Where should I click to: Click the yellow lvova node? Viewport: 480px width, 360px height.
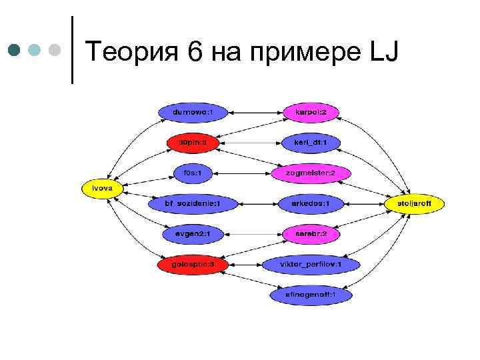pos(102,189)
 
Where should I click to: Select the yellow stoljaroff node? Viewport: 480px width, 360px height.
pos(413,203)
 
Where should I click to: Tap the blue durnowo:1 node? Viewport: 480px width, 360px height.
pos(193,113)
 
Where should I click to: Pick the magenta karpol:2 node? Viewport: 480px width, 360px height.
pos(311,113)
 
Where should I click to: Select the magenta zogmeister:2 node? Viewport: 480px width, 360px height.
pos(311,173)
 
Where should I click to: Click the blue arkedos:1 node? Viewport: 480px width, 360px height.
pos(311,203)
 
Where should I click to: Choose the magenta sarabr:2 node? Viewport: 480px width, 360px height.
pos(311,234)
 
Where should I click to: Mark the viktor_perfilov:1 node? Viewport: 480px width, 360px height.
pos(311,265)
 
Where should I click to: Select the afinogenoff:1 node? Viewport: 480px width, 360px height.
pos(311,294)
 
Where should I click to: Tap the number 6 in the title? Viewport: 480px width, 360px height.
pos(195,51)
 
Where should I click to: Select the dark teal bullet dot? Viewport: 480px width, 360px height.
pos(15,49)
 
